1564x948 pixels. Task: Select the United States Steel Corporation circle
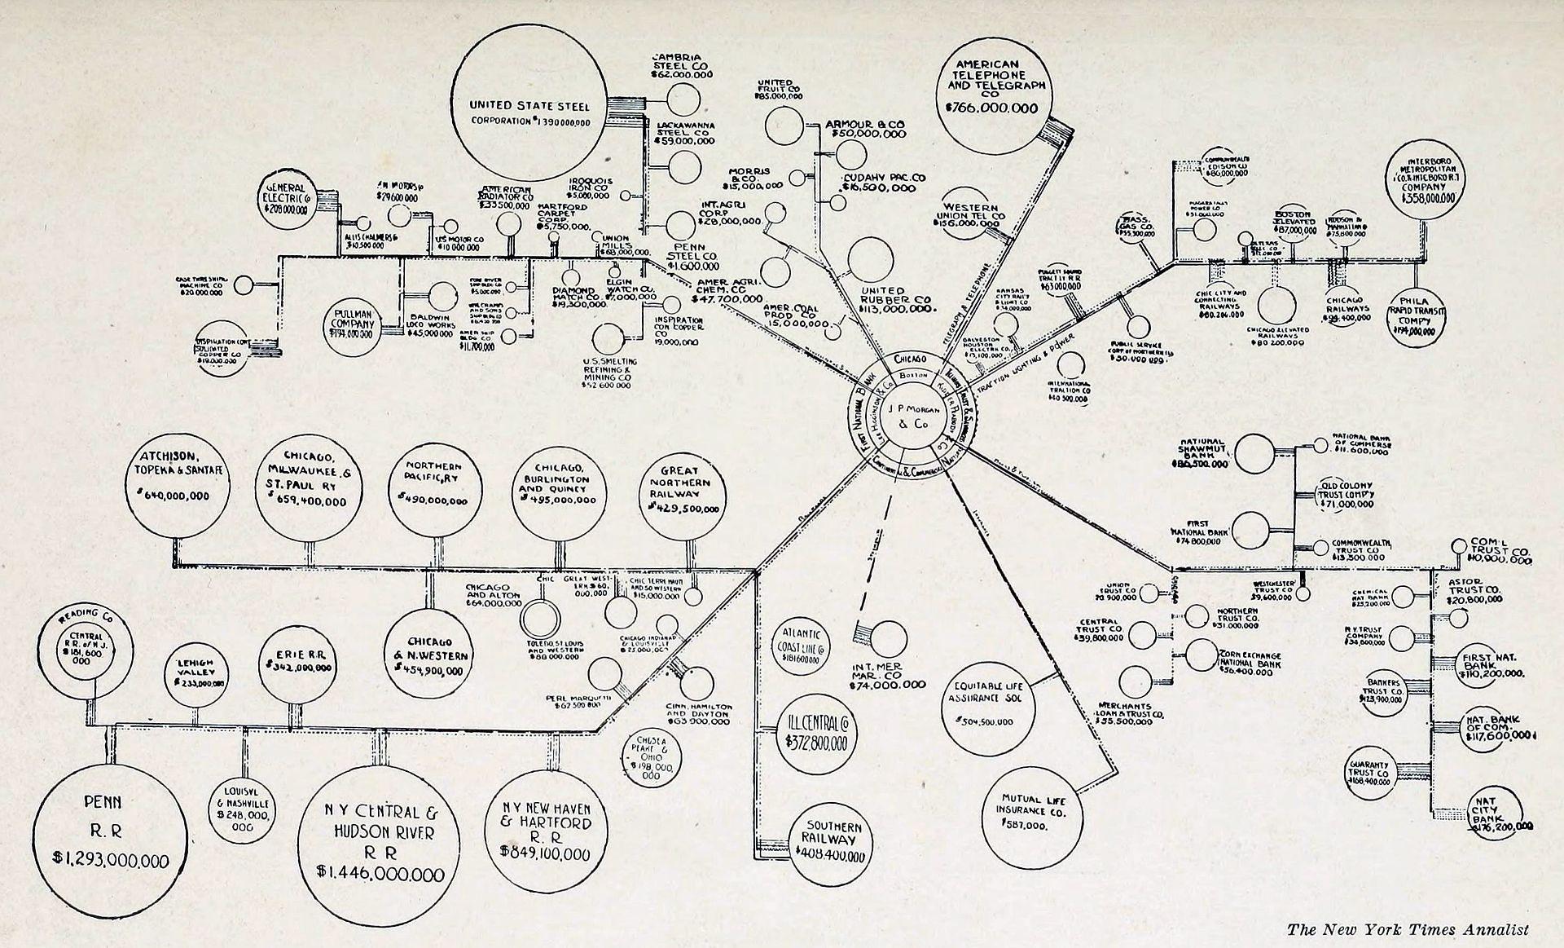[529, 110]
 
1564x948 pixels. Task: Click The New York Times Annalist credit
[1408, 929]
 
